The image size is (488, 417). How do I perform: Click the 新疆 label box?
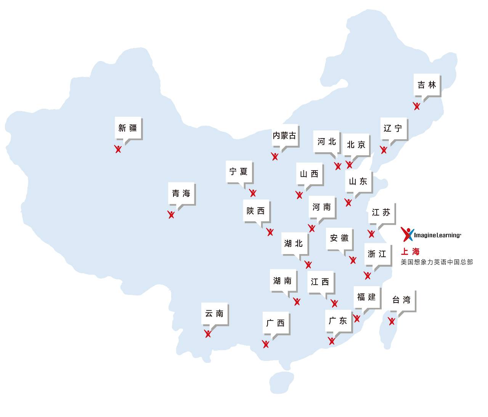128,128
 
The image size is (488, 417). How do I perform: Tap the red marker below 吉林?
417,106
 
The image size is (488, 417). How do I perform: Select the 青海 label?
181,193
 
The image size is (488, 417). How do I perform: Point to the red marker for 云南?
208,333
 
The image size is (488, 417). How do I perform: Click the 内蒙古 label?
284,135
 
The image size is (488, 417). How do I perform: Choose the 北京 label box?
356,145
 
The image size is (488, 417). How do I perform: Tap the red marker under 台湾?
392,321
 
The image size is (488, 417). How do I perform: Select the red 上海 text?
410,251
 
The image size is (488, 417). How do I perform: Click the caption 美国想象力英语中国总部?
437,262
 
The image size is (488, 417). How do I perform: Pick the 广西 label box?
276,323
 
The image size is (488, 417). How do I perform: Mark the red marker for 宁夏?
252,193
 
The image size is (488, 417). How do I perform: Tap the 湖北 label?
294,243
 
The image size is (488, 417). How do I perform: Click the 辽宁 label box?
393,129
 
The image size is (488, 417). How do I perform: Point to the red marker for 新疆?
118,149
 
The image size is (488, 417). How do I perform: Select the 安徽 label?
339,238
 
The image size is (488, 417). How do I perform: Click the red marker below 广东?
332,341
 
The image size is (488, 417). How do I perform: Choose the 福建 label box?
366,297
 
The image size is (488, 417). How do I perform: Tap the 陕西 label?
256,211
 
